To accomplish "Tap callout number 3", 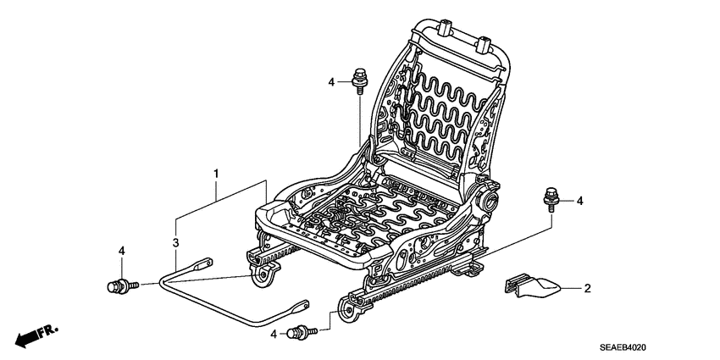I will [x=176, y=243].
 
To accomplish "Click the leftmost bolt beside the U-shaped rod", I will [x=119, y=285].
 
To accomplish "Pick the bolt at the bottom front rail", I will [x=299, y=331].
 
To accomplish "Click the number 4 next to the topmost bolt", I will [x=332, y=81].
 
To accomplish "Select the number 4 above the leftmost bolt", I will [x=122, y=251].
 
